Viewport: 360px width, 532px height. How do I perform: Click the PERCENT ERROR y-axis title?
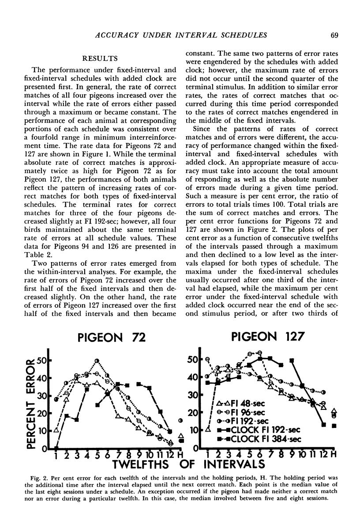(x=31, y=403)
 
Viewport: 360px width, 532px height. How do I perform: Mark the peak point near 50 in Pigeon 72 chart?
(x=97, y=361)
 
